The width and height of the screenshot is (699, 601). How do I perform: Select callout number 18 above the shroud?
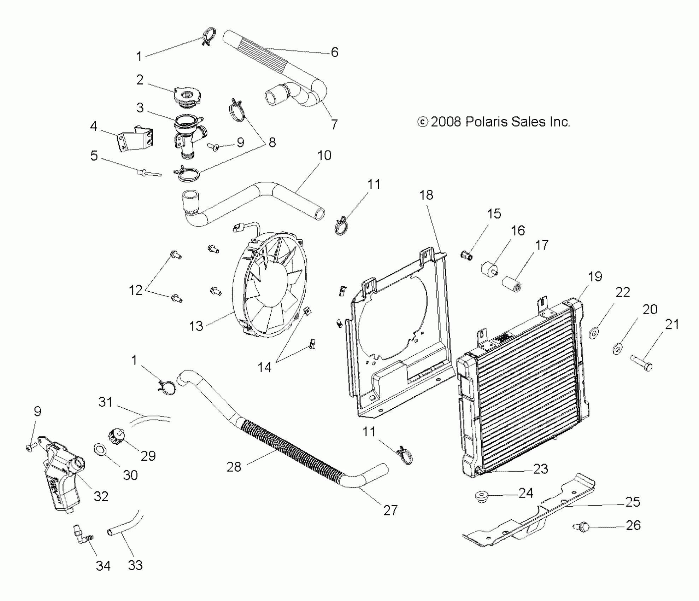pyautogui.click(x=426, y=195)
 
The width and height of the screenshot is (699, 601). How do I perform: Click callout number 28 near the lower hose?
pyautogui.click(x=234, y=467)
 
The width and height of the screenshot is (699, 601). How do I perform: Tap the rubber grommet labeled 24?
pyautogui.click(x=481, y=496)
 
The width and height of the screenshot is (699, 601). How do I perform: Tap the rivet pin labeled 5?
pyautogui.click(x=148, y=173)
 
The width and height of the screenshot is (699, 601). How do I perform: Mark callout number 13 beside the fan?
pyautogui.click(x=196, y=326)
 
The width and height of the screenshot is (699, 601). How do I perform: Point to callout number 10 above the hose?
pyautogui.click(x=324, y=155)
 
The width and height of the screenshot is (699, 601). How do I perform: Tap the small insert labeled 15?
pyautogui.click(x=467, y=255)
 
